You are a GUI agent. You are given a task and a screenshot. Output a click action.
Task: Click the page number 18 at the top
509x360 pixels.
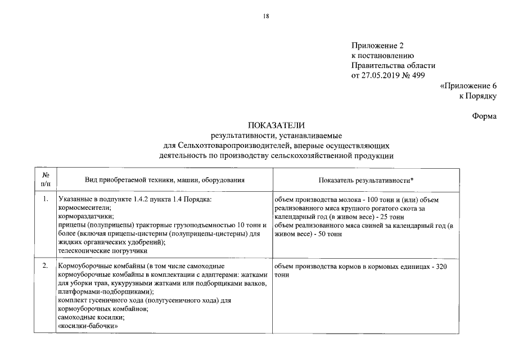pyautogui.click(x=266, y=16)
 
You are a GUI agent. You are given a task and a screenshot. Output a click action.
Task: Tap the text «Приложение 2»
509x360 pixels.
pyautogui.click(x=377, y=46)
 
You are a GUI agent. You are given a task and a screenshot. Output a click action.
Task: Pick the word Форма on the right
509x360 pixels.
pyautogui.click(x=484, y=116)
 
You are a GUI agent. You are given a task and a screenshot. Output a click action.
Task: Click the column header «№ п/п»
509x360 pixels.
pyautogui.click(x=46, y=179)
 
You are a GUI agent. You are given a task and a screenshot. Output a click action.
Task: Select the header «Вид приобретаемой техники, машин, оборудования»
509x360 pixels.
pyautogui.click(x=165, y=180)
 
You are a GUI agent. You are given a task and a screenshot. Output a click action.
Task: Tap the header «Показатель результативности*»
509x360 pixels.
pyautogui.click(x=366, y=180)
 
